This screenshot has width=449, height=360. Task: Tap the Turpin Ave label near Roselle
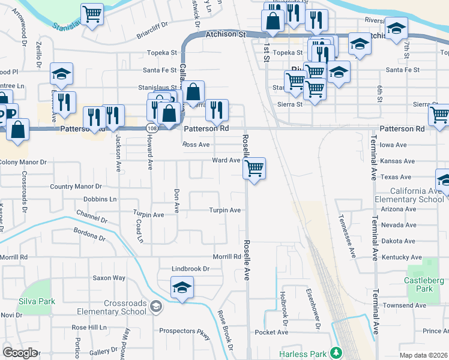coord(224,210)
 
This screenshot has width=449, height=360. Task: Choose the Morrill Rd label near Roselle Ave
coord(227,257)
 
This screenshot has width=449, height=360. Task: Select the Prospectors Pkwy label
coord(185,331)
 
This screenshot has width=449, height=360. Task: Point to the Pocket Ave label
coord(271,332)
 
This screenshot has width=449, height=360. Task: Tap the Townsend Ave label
coord(405,305)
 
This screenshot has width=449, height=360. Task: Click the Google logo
coord(20,353)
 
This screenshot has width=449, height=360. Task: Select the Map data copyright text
coord(423,355)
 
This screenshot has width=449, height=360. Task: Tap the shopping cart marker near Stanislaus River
coord(92,14)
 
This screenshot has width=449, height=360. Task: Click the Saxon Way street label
coord(109,278)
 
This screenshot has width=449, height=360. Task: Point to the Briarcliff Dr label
coord(152,27)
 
